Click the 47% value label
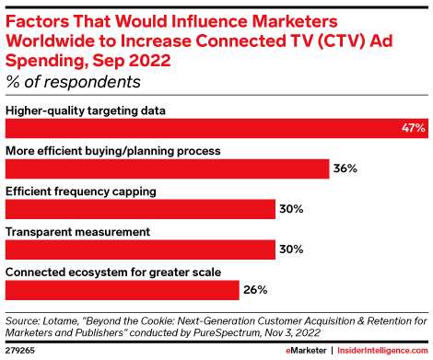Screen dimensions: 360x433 [412, 130]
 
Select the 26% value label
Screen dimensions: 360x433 [254, 289]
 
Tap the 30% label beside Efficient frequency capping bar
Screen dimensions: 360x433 [291, 209]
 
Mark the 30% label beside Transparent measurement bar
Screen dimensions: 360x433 [291, 249]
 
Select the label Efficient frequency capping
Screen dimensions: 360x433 [81, 190]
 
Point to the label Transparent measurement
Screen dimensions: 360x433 [73, 230]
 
